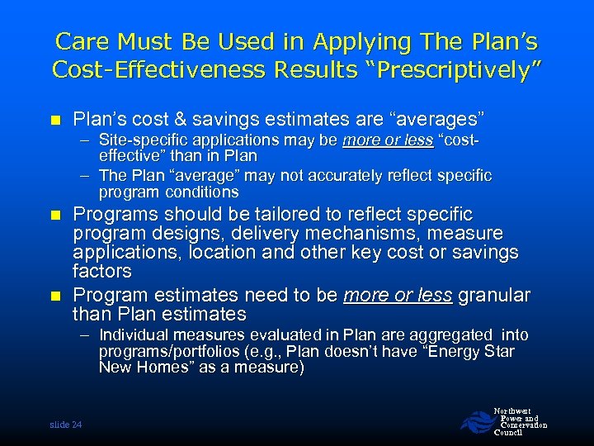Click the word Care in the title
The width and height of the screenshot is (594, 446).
82,41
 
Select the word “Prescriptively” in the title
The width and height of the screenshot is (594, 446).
456,69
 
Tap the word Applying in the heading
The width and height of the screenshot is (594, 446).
358,41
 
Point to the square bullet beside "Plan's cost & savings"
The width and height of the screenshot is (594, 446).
56,119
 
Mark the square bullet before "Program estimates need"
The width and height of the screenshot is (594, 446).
56,296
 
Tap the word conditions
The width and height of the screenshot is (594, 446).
203,192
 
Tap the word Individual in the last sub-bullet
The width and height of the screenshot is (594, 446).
134,335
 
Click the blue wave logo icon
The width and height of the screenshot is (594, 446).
475,421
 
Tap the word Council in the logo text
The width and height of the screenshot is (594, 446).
509,433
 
